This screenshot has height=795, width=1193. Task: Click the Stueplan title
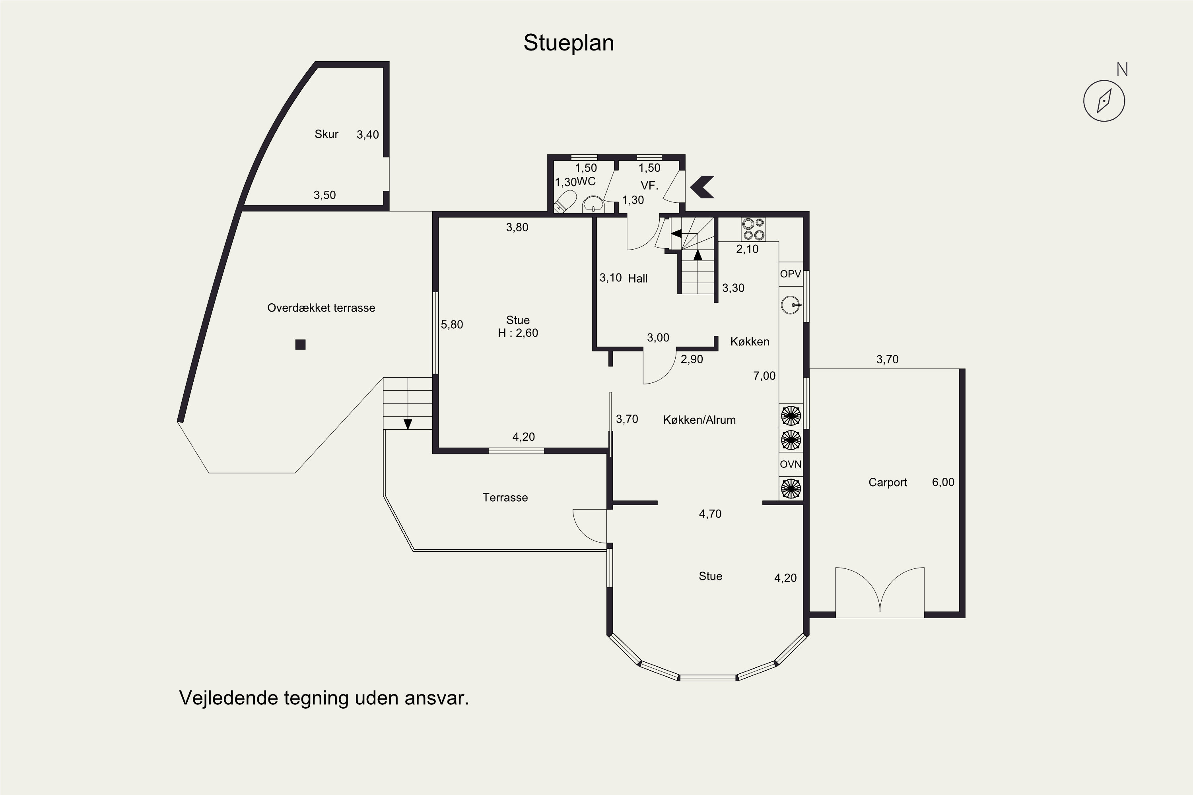(x=569, y=43)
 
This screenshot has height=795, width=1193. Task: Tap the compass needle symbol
(x=1104, y=101)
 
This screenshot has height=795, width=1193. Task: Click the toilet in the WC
(x=565, y=201)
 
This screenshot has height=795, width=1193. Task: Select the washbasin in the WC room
(x=593, y=204)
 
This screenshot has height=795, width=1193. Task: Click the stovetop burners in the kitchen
(x=753, y=229)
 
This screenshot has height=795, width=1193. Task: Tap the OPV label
(x=790, y=274)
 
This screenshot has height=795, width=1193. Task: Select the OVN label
(x=790, y=464)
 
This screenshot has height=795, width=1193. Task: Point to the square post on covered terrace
(x=300, y=345)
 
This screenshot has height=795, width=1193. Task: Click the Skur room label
(x=326, y=134)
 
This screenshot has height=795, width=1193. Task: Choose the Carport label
(x=888, y=483)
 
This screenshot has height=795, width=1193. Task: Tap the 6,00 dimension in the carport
(x=943, y=483)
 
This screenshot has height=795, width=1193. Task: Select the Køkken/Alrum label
(x=699, y=420)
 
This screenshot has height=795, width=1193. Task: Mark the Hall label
(x=637, y=278)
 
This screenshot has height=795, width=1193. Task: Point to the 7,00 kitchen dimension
(x=764, y=376)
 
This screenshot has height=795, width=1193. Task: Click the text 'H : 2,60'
(x=518, y=333)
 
